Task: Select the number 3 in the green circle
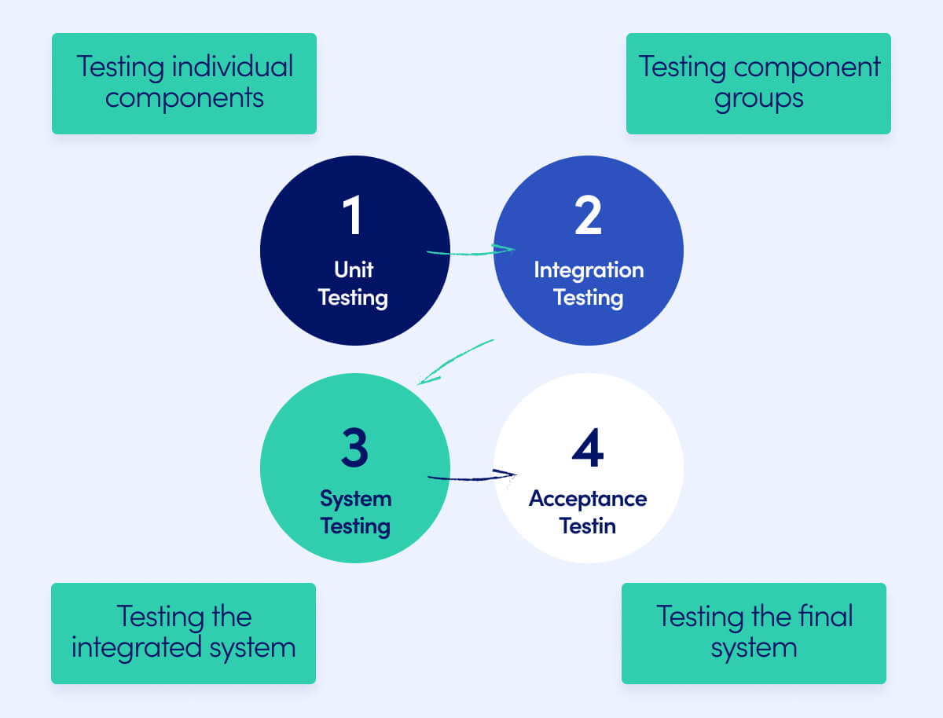coord(354,448)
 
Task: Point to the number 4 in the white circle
coord(588,448)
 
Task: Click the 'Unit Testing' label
coord(354,284)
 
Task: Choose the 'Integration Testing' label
coord(589,284)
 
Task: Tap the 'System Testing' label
coord(355,512)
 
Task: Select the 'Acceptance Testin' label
coord(588,512)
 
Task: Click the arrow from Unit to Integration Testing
coord(470,251)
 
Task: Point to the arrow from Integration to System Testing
coord(456,361)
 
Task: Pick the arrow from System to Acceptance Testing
coord(472,477)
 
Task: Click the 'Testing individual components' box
coord(184,83)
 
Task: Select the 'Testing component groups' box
coord(758,83)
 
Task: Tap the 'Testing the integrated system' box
coord(183,633)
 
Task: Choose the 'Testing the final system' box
coord(754,633)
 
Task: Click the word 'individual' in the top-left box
coord(233,67)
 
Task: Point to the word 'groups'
coord(759,99)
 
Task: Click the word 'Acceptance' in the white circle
coord(588,499)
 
